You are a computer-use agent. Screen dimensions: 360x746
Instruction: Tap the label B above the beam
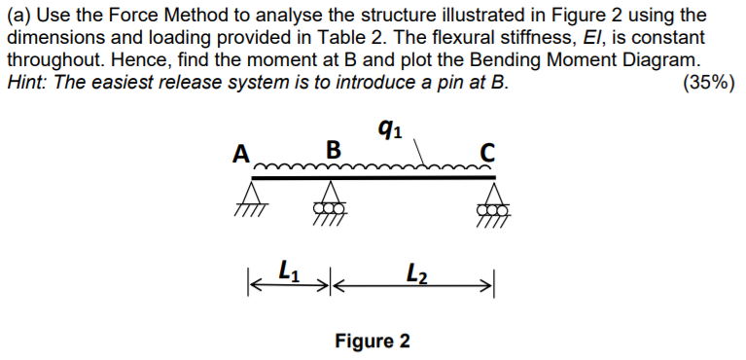pyautogui.click(x=333, y=151)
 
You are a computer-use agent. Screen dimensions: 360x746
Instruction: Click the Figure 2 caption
pyautogui.click(x=373, y=342)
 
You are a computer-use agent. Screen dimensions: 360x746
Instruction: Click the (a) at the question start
pyautogui.click(x=18, y=17)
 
